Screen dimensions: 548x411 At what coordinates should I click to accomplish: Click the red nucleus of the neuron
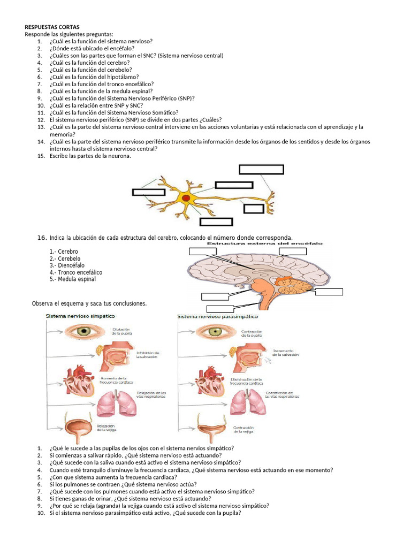click(186, 199)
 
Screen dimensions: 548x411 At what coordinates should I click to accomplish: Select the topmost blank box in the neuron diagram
click(261, 170)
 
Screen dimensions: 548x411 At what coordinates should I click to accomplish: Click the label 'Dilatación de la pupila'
click(122, 331)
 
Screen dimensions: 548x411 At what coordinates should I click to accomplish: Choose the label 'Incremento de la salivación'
click(285, 353)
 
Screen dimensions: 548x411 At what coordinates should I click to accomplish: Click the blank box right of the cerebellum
click(329, 292)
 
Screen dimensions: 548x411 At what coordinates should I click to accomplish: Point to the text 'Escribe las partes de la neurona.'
click(90, 156)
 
